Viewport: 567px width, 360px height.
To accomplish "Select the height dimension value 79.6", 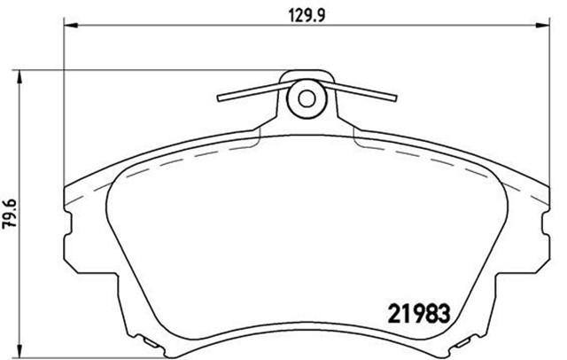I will (x=10, y=214).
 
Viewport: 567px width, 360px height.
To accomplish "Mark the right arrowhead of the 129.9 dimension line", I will (x=540, y=27).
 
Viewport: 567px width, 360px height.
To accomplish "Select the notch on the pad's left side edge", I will (x=72, y=234).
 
